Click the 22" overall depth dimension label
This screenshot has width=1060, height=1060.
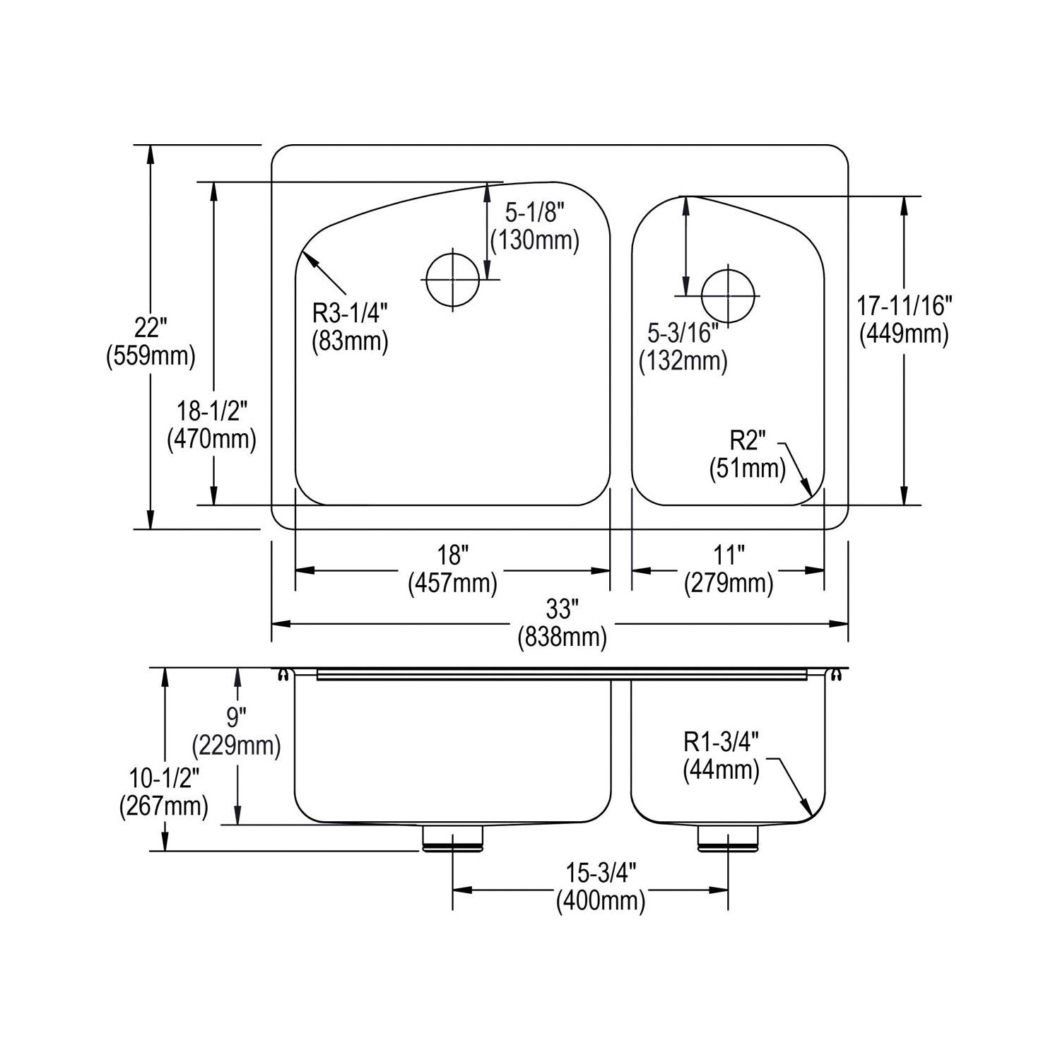click(150, 327)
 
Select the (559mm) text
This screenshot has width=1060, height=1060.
click(150, 356)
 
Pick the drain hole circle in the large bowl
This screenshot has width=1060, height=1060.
click(452, 278)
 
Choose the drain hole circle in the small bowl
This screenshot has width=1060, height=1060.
click(728, 295)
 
